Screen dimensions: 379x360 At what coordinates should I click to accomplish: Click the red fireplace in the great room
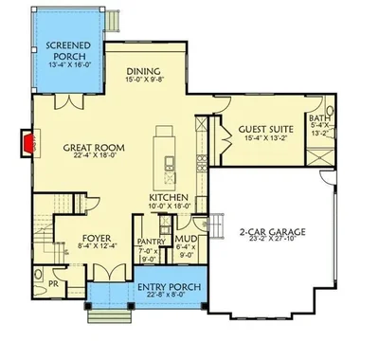(x=28, y=143)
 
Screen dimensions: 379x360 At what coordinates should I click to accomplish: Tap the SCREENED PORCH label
(x=68, y=51)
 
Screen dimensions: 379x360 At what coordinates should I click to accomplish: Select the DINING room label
(x=143, y=71)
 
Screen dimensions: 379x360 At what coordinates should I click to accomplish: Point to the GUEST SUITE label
(x=265, y=129)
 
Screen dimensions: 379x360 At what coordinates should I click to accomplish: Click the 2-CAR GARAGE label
(x=272, y=232)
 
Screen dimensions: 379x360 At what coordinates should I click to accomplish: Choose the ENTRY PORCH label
(x=170, y=287)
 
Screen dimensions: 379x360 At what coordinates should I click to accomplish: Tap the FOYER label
(x=97, y=238)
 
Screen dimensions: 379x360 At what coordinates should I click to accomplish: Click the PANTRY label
(x=152, y=242)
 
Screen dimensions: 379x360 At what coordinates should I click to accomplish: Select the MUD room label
(x=186, y=239)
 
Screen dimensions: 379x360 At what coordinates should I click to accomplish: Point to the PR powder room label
(x=53, y=284)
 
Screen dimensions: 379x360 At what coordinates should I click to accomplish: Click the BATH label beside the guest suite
(x=319, y=118)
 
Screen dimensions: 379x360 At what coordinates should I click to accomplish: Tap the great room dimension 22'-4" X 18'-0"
(x=94, y=155)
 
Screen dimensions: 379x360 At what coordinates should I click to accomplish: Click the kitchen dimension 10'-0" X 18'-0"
(x=169, y=206)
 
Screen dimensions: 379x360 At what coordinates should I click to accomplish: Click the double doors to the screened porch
(x=69, y=101)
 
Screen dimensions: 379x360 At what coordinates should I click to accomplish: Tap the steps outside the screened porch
(x=112, y=21)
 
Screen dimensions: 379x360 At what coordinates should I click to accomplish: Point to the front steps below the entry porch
(x=110, y=316)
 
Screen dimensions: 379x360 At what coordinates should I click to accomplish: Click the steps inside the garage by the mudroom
(x=216, y=225)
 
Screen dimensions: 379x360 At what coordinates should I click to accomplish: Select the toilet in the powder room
(x=38, y=290)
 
